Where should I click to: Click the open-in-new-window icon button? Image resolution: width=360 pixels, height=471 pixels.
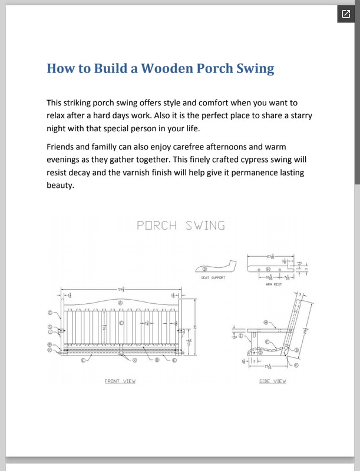pos(344,14)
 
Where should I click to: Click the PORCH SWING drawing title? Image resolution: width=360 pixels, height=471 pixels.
pos(180,225)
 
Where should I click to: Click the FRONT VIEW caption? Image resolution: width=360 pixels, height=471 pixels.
pos(120,381)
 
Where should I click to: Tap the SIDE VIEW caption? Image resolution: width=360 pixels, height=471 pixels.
pos(273,381)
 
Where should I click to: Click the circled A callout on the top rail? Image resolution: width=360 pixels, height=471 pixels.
pos(120,303)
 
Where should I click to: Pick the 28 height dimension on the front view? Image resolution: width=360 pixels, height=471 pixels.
pos(196,327)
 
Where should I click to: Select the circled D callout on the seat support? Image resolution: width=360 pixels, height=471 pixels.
pos(204,268)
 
